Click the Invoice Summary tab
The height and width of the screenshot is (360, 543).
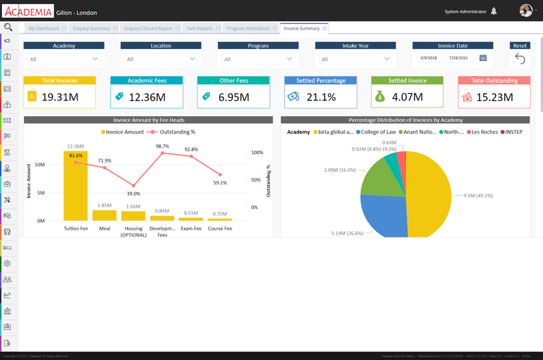(302, 28)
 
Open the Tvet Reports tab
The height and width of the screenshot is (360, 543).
(199, 29)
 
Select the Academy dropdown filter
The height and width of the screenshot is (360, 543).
(64, 59)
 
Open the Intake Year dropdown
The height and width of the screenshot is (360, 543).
(355, 59)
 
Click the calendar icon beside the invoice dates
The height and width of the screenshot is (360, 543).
(483, 58)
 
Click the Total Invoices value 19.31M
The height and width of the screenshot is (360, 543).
(60, 97)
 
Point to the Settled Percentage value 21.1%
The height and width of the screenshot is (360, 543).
(321, 97)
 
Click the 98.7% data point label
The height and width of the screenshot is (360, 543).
(163, 147)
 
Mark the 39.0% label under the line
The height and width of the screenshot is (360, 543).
(133, 193)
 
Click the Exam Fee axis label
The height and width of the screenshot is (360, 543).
(191, 229)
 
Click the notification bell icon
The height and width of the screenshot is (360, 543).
(494, 11)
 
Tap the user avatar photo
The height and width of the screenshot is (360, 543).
(525, 11)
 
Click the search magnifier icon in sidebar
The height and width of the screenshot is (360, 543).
(8, 28)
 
